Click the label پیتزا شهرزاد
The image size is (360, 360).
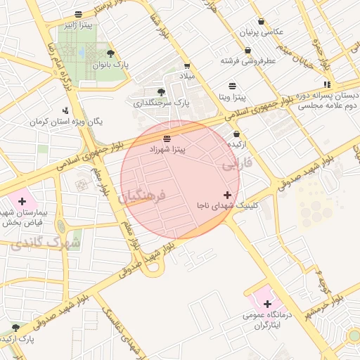pyautogui.click(x=167, y=149)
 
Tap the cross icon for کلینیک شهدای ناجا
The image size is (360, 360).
pyautogui.click(x=227, y=195)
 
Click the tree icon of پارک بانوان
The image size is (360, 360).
pyautogui.click(x=110, y=53)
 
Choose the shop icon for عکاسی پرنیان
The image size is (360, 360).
pyautogui.click(x=262, y=22)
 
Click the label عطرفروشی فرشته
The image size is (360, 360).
pyautogui.click(x=247, y=61)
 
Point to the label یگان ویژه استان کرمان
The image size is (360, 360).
pyautogui.click(x=66, y=121)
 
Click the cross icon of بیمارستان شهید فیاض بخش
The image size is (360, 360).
pyautogui.click(x=22, y=202)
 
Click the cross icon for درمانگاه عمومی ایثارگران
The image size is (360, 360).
pyautogui.click(x=267, y=304)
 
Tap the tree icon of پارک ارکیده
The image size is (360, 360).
pyautogui.click(x=15, y=328)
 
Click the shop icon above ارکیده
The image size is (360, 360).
pyautogui.click(x=236, y=133)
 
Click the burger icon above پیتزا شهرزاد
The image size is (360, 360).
pyautogui.click(x=167, y=138)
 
